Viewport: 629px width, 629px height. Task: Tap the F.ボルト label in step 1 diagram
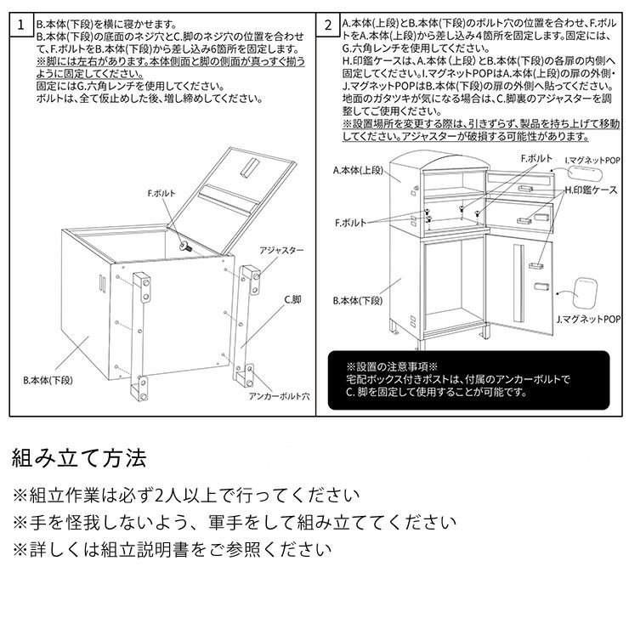pos(161,194)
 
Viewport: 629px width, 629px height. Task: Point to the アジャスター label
pos(281,251)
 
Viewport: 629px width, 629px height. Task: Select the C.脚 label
pos(292,299)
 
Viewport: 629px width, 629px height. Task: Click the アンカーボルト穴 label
pos(278,396)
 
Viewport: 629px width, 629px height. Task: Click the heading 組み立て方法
pos(79,459)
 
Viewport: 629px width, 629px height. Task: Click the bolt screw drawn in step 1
pos(184,246)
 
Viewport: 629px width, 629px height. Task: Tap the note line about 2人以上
pos(185,496)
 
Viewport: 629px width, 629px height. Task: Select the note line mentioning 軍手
pos(233,522)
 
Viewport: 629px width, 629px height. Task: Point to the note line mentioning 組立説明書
pos(172,549)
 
